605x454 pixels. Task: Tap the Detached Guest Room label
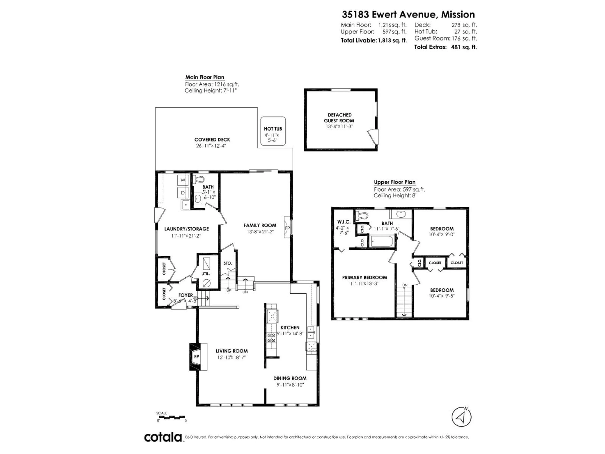pyautogui.click(x=339, y=118)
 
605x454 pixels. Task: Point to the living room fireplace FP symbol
pyautogui.click(x=196, y=357)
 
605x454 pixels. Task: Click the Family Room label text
pyautogui.click(x=260, y=225)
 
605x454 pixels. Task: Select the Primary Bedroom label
pyautogui.click(x=365, y=277)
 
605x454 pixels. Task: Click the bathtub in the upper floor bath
pyautogui.click(x=381, y=241)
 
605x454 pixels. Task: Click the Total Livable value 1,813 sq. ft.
pyautogui.click(x=392, y=41)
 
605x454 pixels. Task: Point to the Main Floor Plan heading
pyautogui.click(x=205, y=77)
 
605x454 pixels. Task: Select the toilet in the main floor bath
pyautogui.click(x=199, y=180)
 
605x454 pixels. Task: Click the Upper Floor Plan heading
pyautogui.click(x=394, y=182)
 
